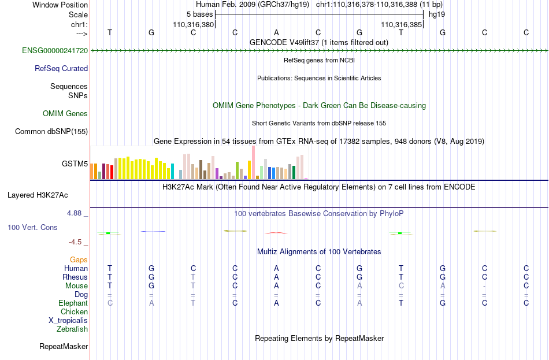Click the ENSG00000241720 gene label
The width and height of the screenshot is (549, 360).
(55, 51)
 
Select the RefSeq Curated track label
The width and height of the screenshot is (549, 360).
(61, 69)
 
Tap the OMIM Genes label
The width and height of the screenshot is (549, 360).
(65, 113)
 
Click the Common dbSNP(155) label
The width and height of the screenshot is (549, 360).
(51, 132)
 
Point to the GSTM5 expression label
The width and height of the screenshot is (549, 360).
(75, 164)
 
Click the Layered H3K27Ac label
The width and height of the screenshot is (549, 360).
(38, 195)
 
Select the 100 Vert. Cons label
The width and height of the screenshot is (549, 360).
(32, 227)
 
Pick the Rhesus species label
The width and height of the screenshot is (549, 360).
(75, 277)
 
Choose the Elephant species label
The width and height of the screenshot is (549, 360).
(73, 303)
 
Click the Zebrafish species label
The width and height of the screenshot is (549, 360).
(72, 329)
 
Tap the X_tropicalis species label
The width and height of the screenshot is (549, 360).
(68, 321)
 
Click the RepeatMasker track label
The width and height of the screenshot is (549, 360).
(64, 346)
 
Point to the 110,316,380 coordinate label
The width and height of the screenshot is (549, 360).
(193, 24)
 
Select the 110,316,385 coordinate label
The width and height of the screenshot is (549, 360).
(402, 24)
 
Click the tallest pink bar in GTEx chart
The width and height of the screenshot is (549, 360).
(253, 162)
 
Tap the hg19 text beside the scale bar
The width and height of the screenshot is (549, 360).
(437, 14)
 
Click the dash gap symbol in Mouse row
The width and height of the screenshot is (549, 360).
(484, 286)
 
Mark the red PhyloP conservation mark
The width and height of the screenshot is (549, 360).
(276, 233)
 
